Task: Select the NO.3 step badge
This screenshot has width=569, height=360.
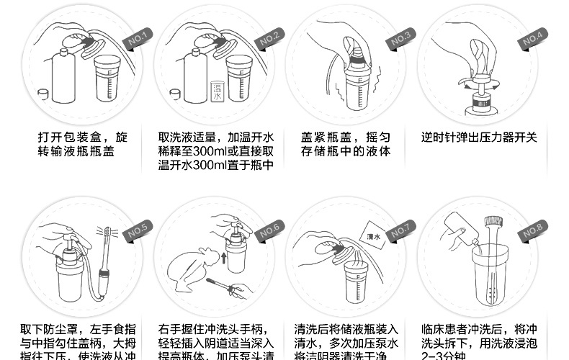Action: [x=400, y=37]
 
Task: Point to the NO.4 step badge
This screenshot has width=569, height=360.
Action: [x=534, y=37]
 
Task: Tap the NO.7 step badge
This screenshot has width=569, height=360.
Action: [x=400, y=232]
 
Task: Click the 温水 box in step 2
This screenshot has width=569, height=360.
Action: [x=216, y=91]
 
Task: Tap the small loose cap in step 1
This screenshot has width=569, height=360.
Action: [x=44, y=94]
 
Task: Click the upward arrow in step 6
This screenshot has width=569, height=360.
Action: [x=224, y=258]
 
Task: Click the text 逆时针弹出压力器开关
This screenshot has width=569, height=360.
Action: [x=478, y=137]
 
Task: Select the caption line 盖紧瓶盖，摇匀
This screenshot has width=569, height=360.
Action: [x=345, y=137]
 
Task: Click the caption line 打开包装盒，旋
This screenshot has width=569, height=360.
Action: [x=82, y=137]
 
